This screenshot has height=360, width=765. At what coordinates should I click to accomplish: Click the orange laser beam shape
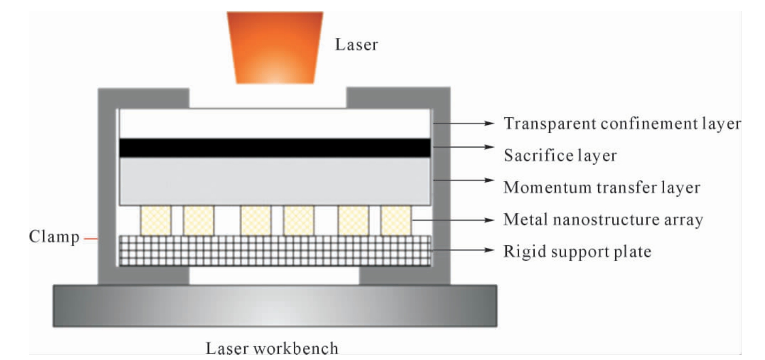(275, 48)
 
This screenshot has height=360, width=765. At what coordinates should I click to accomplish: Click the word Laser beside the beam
(357, 45)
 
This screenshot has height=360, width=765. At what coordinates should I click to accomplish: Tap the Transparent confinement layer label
(622, 124)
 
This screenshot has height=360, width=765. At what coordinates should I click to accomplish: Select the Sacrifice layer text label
(560, 155)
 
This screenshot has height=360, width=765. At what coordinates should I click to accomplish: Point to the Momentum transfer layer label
(602, 188)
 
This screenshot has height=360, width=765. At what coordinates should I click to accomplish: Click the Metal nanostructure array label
(603, 220)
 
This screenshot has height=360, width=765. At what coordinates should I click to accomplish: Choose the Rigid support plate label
(577, 252)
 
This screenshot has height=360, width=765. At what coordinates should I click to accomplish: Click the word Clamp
(54, 237)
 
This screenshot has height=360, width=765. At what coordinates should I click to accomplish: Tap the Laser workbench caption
(272, 348)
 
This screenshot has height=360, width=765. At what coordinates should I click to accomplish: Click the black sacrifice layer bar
(275, 148)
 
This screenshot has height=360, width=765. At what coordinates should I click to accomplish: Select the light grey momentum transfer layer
(275, 181)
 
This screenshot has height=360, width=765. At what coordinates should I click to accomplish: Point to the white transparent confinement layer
(275, 124)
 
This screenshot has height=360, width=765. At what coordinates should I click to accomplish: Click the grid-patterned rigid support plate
(275, 251)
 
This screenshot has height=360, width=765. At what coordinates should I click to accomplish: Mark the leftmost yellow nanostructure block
(156, 220)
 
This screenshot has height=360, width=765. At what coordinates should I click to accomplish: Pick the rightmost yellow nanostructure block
(396, 220)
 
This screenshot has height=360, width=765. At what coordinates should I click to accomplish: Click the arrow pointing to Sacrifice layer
(463, 147)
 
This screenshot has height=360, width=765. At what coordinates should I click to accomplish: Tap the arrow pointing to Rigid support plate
(463, 250)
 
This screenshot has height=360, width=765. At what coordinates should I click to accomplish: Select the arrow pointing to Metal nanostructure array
(453, 220)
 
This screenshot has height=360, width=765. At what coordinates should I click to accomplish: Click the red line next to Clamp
(91, 239)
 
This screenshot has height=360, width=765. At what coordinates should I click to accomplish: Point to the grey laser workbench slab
(275, 306)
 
